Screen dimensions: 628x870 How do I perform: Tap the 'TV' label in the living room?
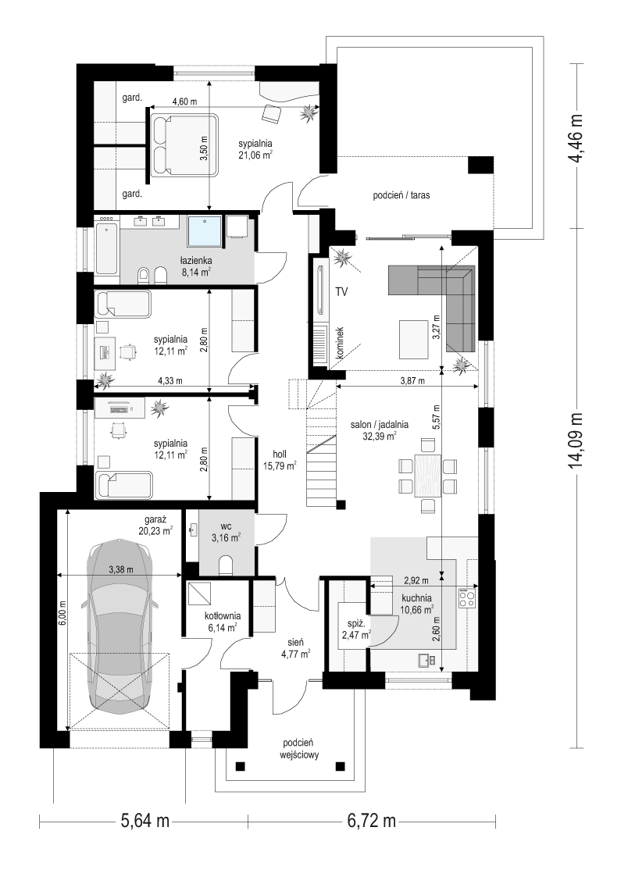(x=341, y=292)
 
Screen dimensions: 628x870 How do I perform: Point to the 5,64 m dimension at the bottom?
(x=145, y=821)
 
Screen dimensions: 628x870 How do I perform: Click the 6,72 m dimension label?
(x=372, y=821)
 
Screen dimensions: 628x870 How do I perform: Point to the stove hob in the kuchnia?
(x=468, y=598)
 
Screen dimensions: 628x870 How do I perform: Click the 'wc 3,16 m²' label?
(x=226, y=532)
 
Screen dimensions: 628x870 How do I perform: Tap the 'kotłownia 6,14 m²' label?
(x=222, y=622)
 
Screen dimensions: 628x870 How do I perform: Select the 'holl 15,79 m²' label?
(x=280, y=460)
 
